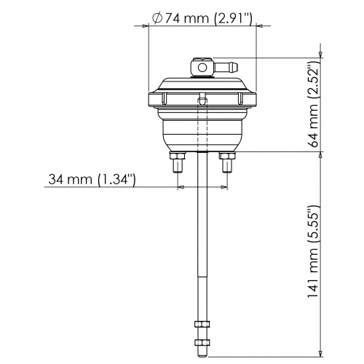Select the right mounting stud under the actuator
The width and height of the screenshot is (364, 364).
tap(226, 167)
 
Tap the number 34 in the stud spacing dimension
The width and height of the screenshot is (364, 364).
tap(59, 179)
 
